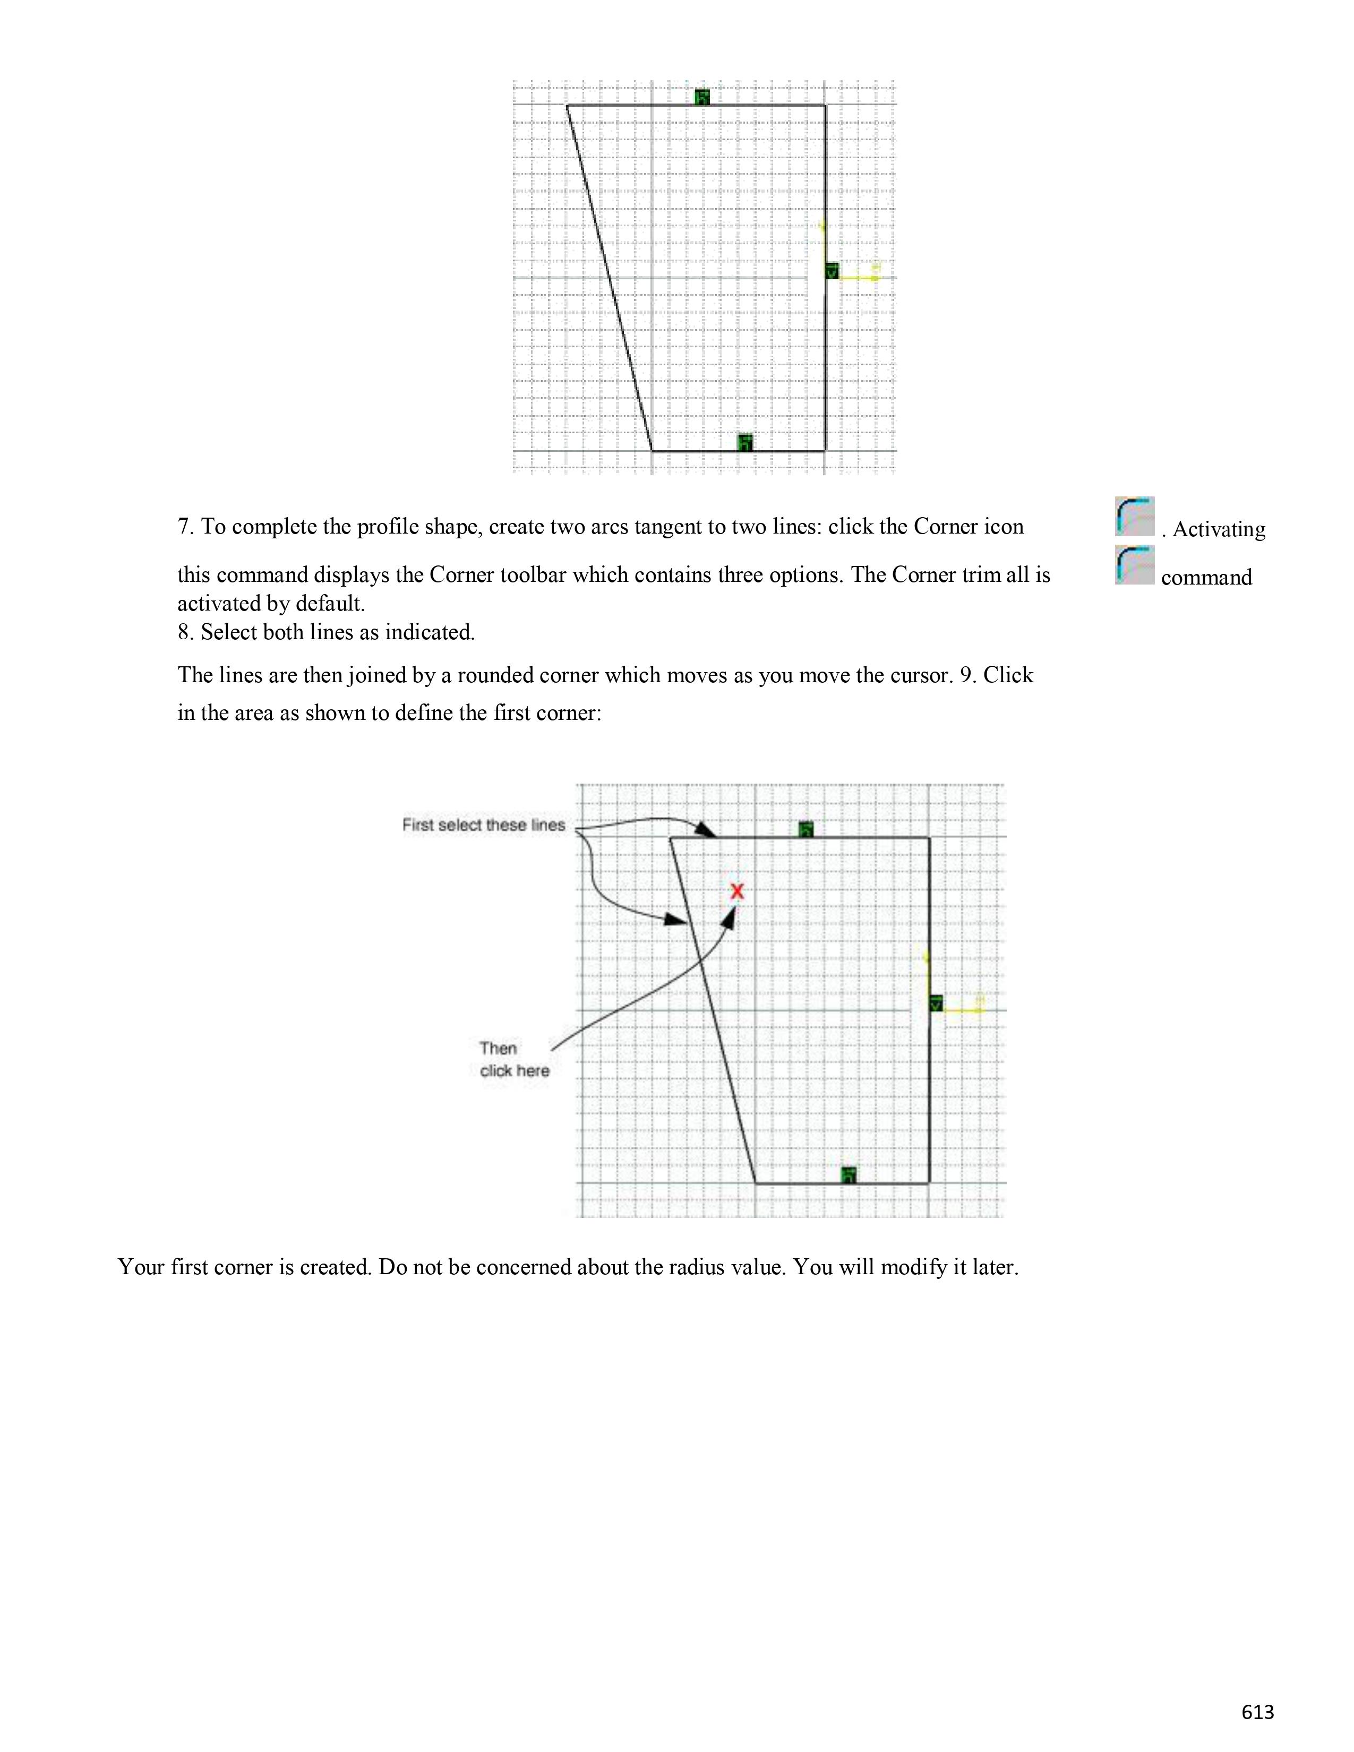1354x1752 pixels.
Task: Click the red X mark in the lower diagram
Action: pos(737,890)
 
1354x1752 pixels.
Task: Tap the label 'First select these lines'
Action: pos(484,825)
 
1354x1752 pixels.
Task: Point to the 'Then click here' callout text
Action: pos(514,1059)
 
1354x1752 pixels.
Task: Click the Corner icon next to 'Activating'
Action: pos(1134,517)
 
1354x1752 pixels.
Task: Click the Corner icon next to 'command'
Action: pos(1134,565)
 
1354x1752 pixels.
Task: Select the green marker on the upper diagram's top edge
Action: pos(702,97)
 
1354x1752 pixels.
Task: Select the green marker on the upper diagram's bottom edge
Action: pos(745,442)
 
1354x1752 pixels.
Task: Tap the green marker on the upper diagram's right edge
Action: pos(832,271)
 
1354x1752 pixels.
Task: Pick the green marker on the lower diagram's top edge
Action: pos(806,829)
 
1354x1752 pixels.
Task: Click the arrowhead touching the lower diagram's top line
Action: pos(707,830)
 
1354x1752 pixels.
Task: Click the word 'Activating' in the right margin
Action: pos(1219,529)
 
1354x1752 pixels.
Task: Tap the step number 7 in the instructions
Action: pos(184,527)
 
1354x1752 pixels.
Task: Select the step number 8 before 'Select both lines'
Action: pos(184,632)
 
